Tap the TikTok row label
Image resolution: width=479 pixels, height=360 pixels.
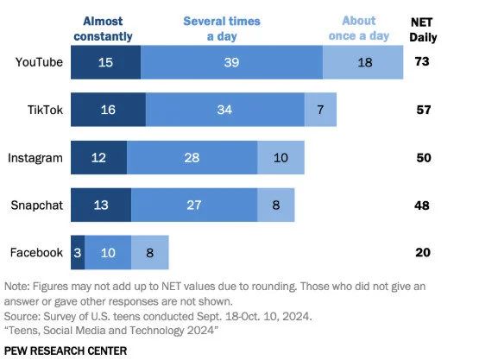coord(44,111)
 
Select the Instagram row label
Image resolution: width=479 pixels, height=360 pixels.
coord(34,158)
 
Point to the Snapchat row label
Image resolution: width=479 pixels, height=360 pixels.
coord(35,205)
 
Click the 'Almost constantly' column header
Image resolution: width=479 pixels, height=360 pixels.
coord(104,28)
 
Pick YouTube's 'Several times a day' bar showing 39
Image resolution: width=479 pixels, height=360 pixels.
coord(231,62)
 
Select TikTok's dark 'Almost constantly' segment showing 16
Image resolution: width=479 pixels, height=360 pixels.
coord(108,111)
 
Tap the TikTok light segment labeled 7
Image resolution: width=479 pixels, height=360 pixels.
coord(320,111)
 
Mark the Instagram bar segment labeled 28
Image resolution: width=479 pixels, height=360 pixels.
coord(192,158)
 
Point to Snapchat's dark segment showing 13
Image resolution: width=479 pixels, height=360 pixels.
coord(101,205)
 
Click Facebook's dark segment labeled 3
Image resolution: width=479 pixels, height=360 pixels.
coord(78,253)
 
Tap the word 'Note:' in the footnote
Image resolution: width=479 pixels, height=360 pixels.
coord(19,286)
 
